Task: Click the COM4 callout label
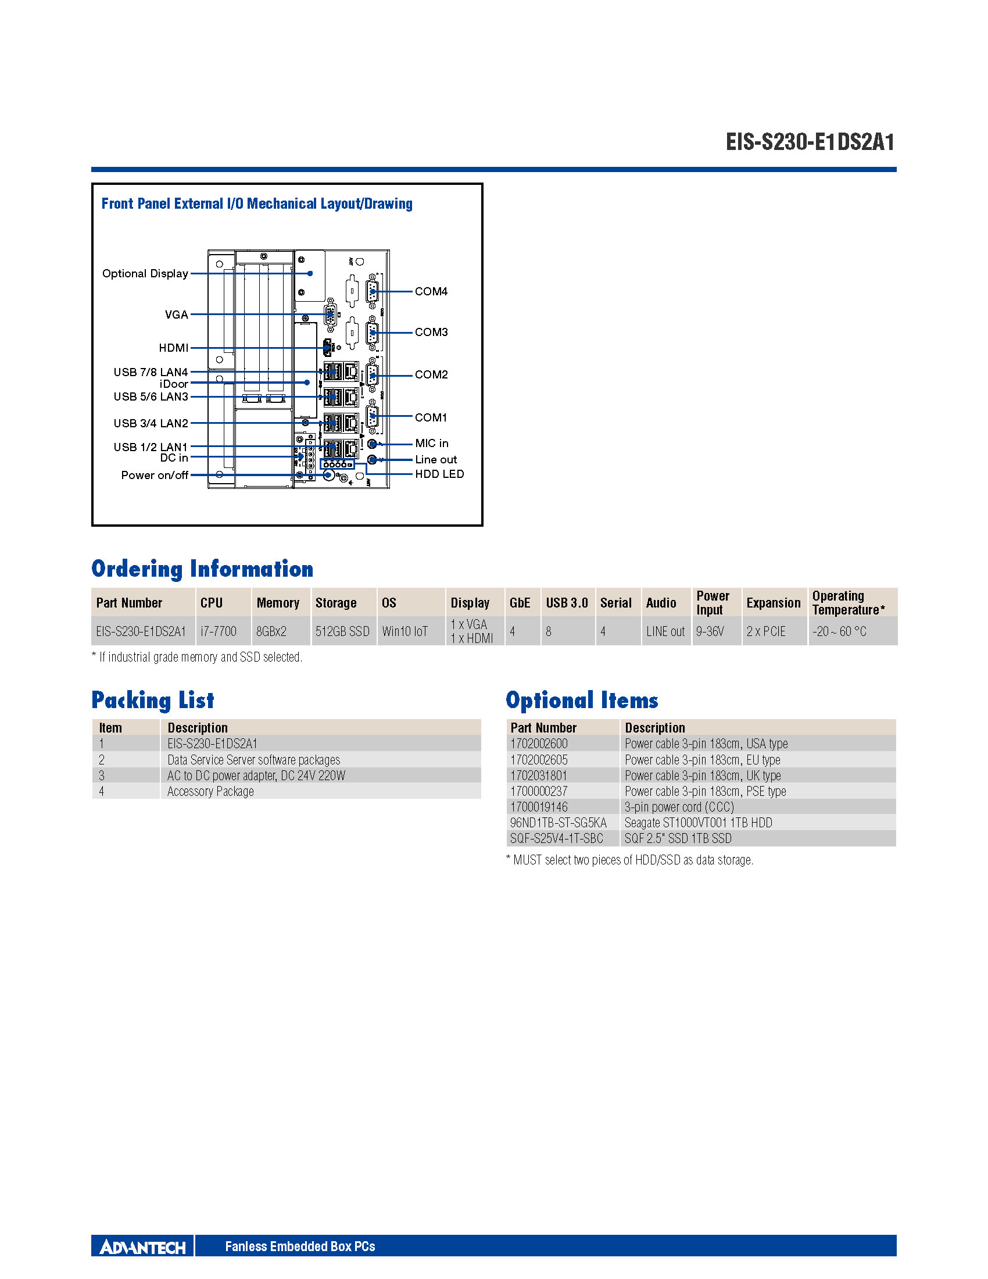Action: click(431, 291)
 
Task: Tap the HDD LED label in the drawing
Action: click(439, 474)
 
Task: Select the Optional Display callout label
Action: click(145, 273)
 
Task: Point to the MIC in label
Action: click(431, 444)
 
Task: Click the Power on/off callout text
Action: click(155, 475)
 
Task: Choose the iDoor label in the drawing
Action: click(174, 384)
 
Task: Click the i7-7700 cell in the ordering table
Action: click(219, 631)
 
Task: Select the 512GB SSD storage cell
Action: click(342, 631)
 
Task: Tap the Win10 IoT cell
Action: click(404, 631)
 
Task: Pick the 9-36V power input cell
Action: click(710, 631)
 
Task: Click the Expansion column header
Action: click(773, 603)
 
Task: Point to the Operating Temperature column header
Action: click(847, 603)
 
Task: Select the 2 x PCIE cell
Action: click(765, 631)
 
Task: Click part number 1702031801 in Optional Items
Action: click(539, 776)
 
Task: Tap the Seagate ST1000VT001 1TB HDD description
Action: click(698, 823)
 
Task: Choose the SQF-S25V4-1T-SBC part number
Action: click(556, 838)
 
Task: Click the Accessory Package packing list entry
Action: click(211, 791)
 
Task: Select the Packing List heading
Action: click(153, 701)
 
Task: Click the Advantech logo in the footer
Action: click(142, 1247)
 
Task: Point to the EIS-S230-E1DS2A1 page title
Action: click(810, 142)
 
